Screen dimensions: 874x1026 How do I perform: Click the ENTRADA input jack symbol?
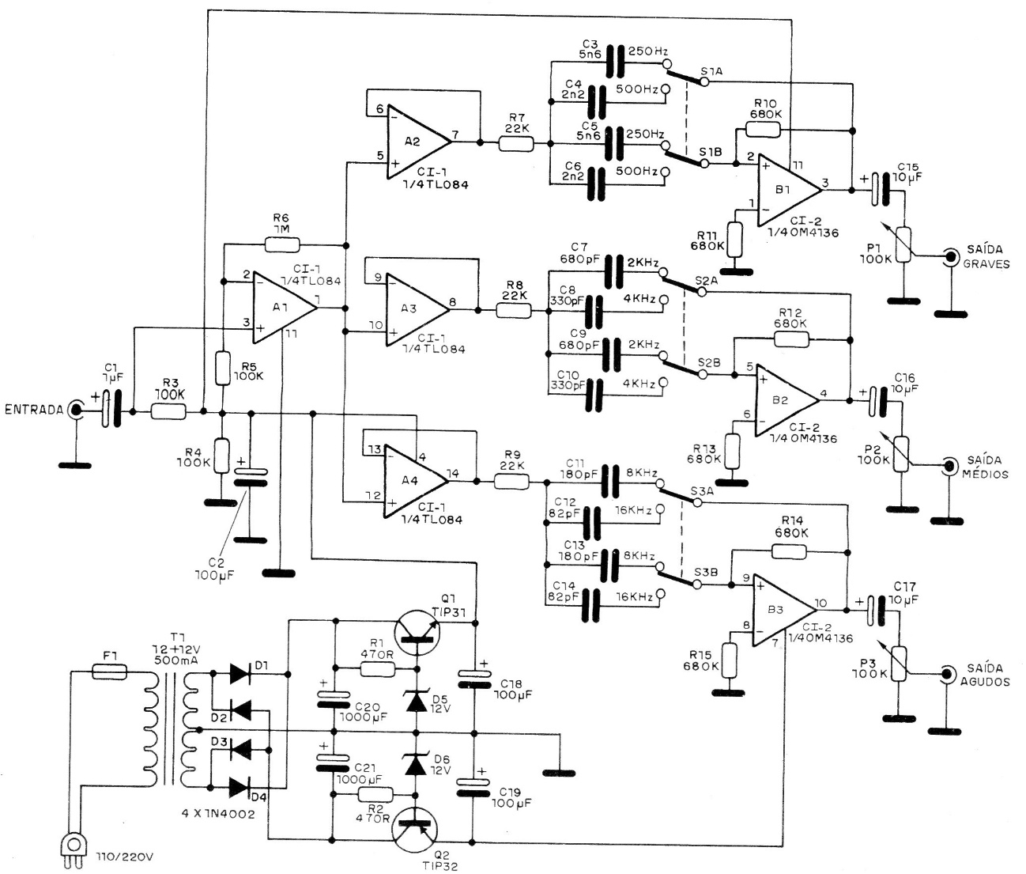coord(76,410)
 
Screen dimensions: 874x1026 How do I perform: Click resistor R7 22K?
coord(515,143)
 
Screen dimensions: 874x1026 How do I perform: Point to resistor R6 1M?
coord(282,244)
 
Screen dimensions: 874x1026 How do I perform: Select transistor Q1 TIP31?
coord(417,632)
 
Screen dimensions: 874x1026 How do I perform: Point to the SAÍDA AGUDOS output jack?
coord(945,675)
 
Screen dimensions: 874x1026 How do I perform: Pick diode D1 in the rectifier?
coord(240,673)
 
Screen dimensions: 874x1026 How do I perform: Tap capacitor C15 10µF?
coord(880,190)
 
